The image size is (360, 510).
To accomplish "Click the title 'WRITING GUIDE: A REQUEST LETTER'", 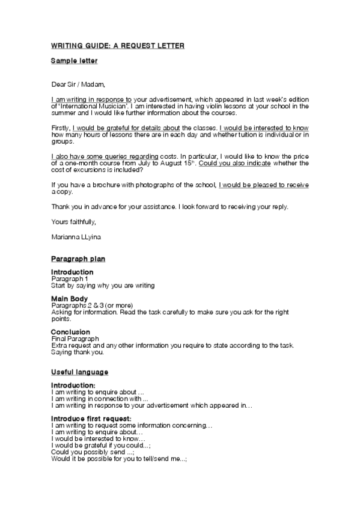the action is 117,46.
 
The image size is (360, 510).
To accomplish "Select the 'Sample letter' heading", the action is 74,61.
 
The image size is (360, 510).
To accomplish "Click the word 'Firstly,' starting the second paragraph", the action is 61,127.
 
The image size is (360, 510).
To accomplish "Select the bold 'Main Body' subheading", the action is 70,299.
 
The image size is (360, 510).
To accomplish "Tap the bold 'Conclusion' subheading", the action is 70,332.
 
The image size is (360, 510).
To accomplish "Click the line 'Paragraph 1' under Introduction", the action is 70,279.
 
